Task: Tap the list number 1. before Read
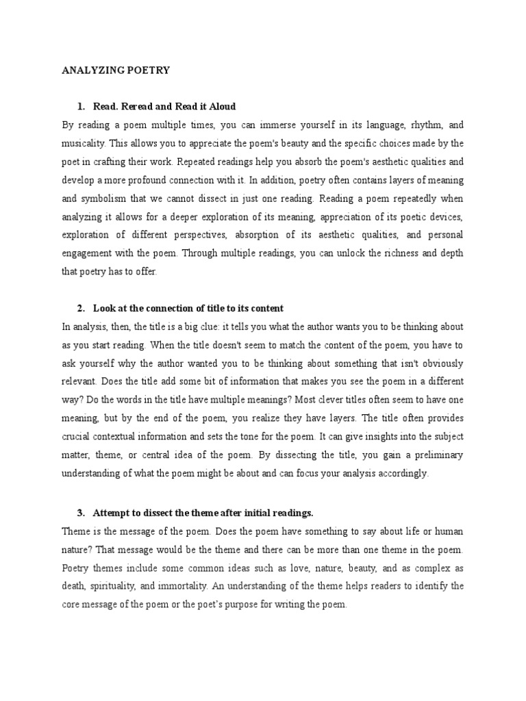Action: coord(82,106)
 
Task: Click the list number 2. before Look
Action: coord(82,308)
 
